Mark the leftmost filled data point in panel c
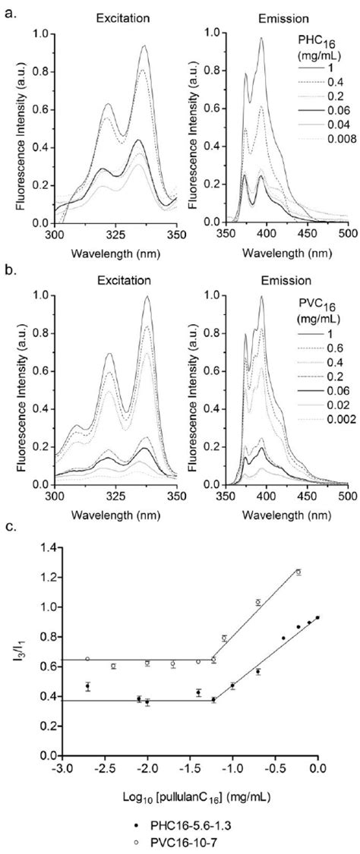click(88, 686)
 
